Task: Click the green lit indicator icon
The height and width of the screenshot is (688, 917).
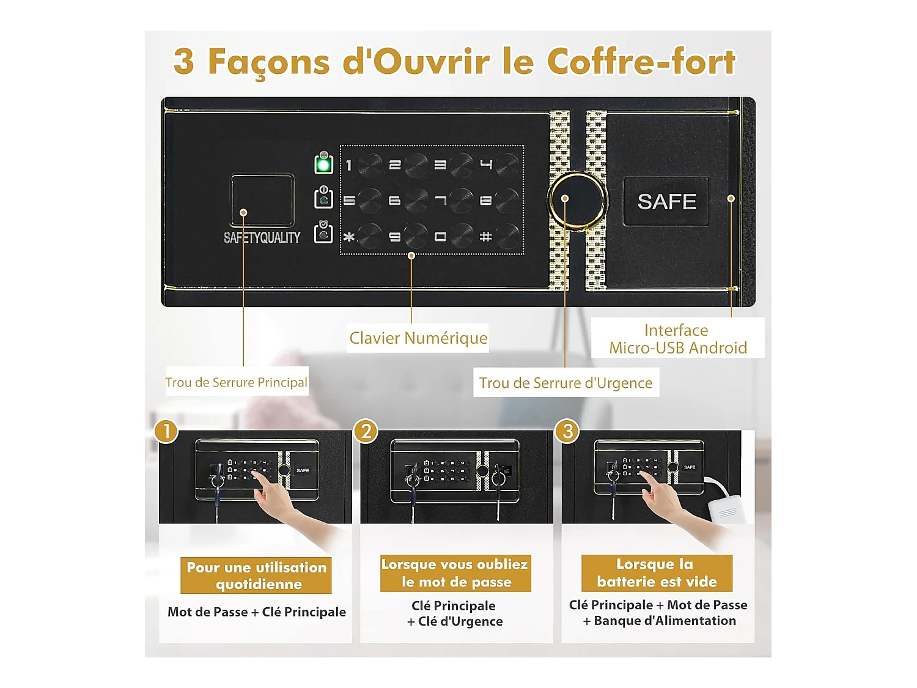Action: pyautogui.click(x=323, y=164)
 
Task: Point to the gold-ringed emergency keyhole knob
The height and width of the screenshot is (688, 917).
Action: pyautogui.click(x=576, y=199)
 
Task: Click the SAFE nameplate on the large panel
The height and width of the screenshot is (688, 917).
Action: pyautogui.click(x=666, y=201)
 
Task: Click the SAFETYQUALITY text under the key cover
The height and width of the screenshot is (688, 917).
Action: pyautogui.click(x=262, y=237)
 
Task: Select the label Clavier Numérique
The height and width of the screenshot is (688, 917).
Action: pyautogui.click(x=418, y=338)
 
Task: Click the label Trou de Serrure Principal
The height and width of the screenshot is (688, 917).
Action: pyautogui.click(x=237, y=382)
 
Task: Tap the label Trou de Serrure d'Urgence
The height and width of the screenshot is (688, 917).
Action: pyautogui.click(x=565, y=383)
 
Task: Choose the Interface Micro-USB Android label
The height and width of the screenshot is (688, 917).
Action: pyautogui.click(x=677, y=339)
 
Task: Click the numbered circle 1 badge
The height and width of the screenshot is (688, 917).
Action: pyautogui.click(x=166, y=431)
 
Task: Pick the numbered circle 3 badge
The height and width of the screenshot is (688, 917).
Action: pyautogui.click(x=567, y=431)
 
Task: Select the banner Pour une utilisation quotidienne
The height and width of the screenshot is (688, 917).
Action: pyautogui.click(x=256, y=575)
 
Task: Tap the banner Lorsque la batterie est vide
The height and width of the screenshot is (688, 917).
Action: pyautogui.click(x=657, y=572)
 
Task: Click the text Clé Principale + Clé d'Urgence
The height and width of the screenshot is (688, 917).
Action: pyautogui.click(x=455, y=613)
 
